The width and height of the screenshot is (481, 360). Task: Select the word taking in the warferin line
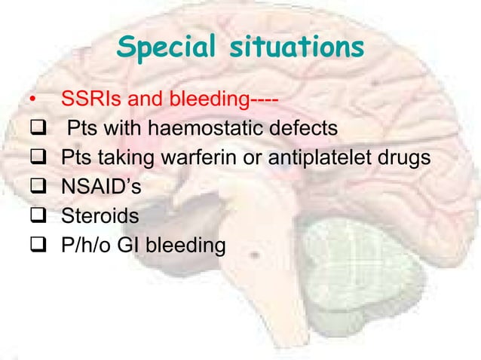[126, 159]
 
